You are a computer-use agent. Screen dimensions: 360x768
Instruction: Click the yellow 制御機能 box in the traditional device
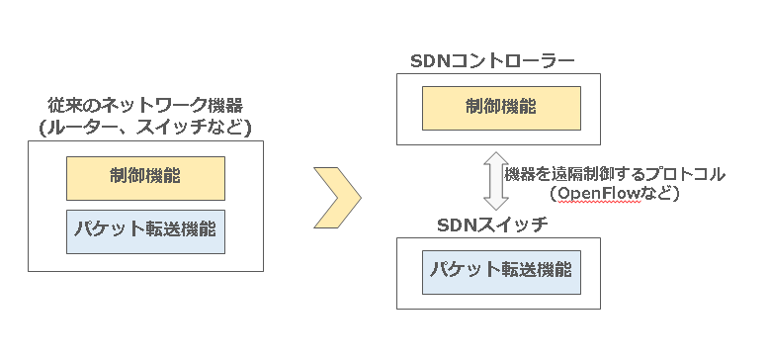[145, 178]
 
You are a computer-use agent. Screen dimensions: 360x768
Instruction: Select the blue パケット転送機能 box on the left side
[145, 230]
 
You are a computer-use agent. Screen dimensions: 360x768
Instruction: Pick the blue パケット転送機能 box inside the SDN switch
[501, 271]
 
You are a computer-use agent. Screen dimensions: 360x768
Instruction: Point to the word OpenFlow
[600, 193]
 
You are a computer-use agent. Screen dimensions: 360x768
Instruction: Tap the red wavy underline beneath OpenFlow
[600, 202]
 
